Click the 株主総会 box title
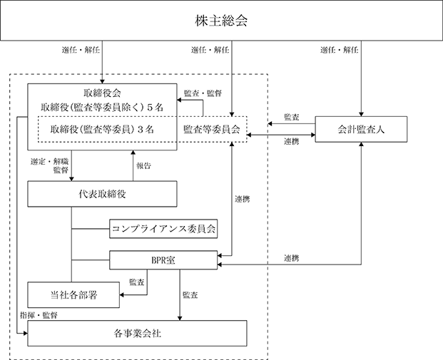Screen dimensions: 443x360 [221, 21]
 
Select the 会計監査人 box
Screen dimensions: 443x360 [361, 129]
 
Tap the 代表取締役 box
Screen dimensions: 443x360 [102, 194]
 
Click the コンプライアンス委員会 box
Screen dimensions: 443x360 [163, 229]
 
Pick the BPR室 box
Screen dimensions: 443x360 [163, 260]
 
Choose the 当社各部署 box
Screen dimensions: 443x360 [73, 295]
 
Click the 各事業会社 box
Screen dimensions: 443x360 [137, 333]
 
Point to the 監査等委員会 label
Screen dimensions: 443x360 [212, 129]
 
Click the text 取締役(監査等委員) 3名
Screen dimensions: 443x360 [102, 129]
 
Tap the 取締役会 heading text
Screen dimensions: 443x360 [102, 93]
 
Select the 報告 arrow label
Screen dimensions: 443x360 [143, 165]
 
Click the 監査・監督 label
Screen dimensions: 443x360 [203, 93]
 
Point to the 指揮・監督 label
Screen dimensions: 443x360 [39, 315]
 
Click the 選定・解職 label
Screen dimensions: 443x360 [50, 162]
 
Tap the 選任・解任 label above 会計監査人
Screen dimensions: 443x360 [340, 50]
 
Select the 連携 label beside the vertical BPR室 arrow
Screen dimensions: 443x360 [243, 199]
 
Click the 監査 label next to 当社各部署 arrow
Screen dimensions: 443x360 [137, 282]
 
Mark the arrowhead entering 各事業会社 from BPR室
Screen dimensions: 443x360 [180, 319]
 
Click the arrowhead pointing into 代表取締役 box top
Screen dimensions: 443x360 [71, 180]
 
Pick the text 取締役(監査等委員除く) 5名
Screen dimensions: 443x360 [102, 108]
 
